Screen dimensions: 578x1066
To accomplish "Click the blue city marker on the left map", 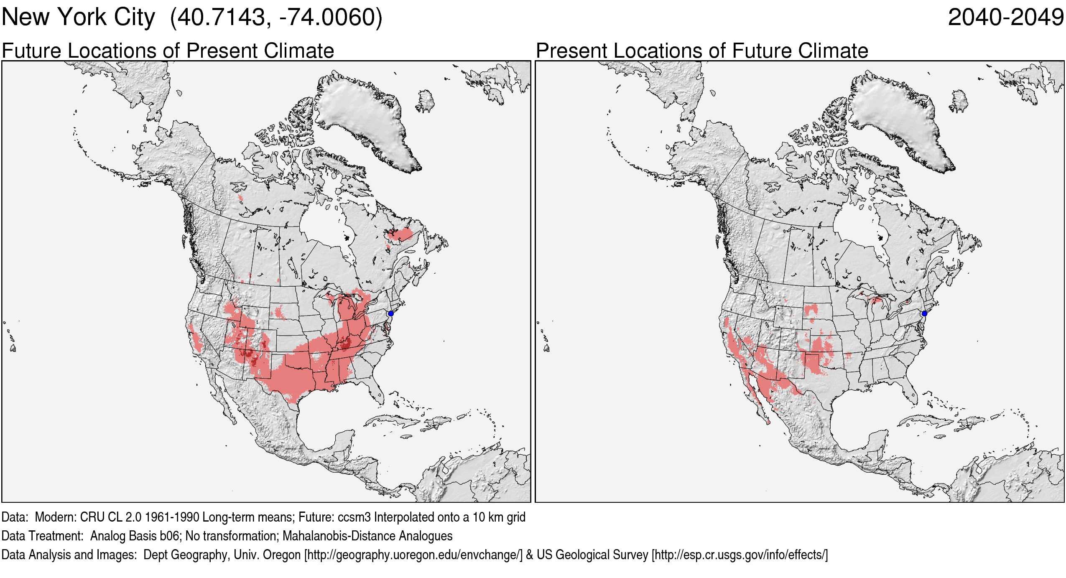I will click(391, 313).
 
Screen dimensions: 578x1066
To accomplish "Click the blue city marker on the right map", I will click(924, 313).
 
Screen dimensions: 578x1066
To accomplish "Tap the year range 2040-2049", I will click(1005, 18).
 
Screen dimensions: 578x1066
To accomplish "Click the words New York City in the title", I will click(78, 18).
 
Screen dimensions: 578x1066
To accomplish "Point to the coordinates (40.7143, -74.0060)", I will click(276, 18).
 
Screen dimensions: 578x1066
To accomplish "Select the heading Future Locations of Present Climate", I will click(168, 51).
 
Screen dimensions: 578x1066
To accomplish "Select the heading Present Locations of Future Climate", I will click(702, 51).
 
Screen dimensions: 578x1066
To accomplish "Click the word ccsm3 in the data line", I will click(354, 517).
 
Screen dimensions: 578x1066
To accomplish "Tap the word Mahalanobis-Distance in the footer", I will click(338, 536).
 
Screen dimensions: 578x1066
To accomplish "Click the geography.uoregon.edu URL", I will click(413, 555).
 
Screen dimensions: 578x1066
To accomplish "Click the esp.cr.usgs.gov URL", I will click(740, 555).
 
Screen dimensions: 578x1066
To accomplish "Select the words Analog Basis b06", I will click(135, 536).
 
